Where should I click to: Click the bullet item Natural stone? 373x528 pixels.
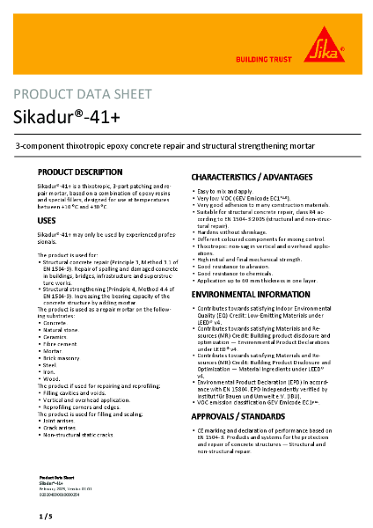tap(59, 330)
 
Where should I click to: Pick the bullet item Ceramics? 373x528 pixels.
tap(55, 337)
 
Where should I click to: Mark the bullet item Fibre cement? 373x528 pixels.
tap(59, 345)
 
